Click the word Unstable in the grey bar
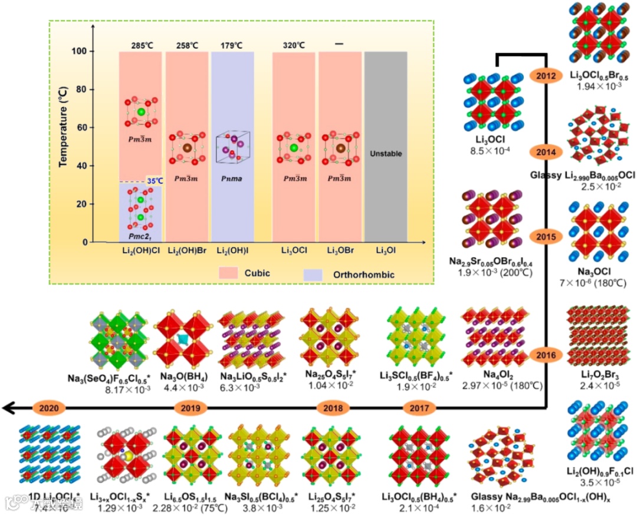(386, 154)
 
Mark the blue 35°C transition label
(155, 181)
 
